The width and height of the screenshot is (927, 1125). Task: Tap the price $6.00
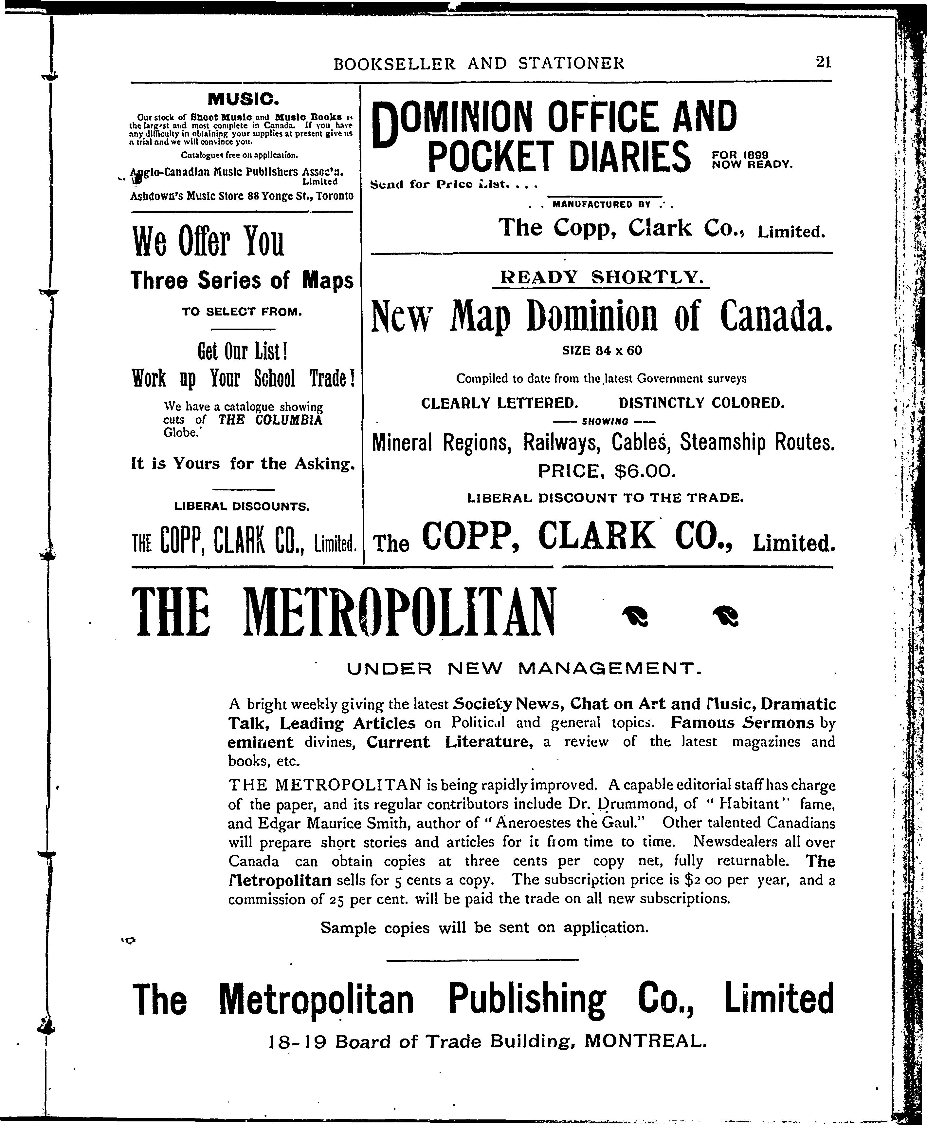pos(645,471)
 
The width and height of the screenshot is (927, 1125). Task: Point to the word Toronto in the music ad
pos(335,196)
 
